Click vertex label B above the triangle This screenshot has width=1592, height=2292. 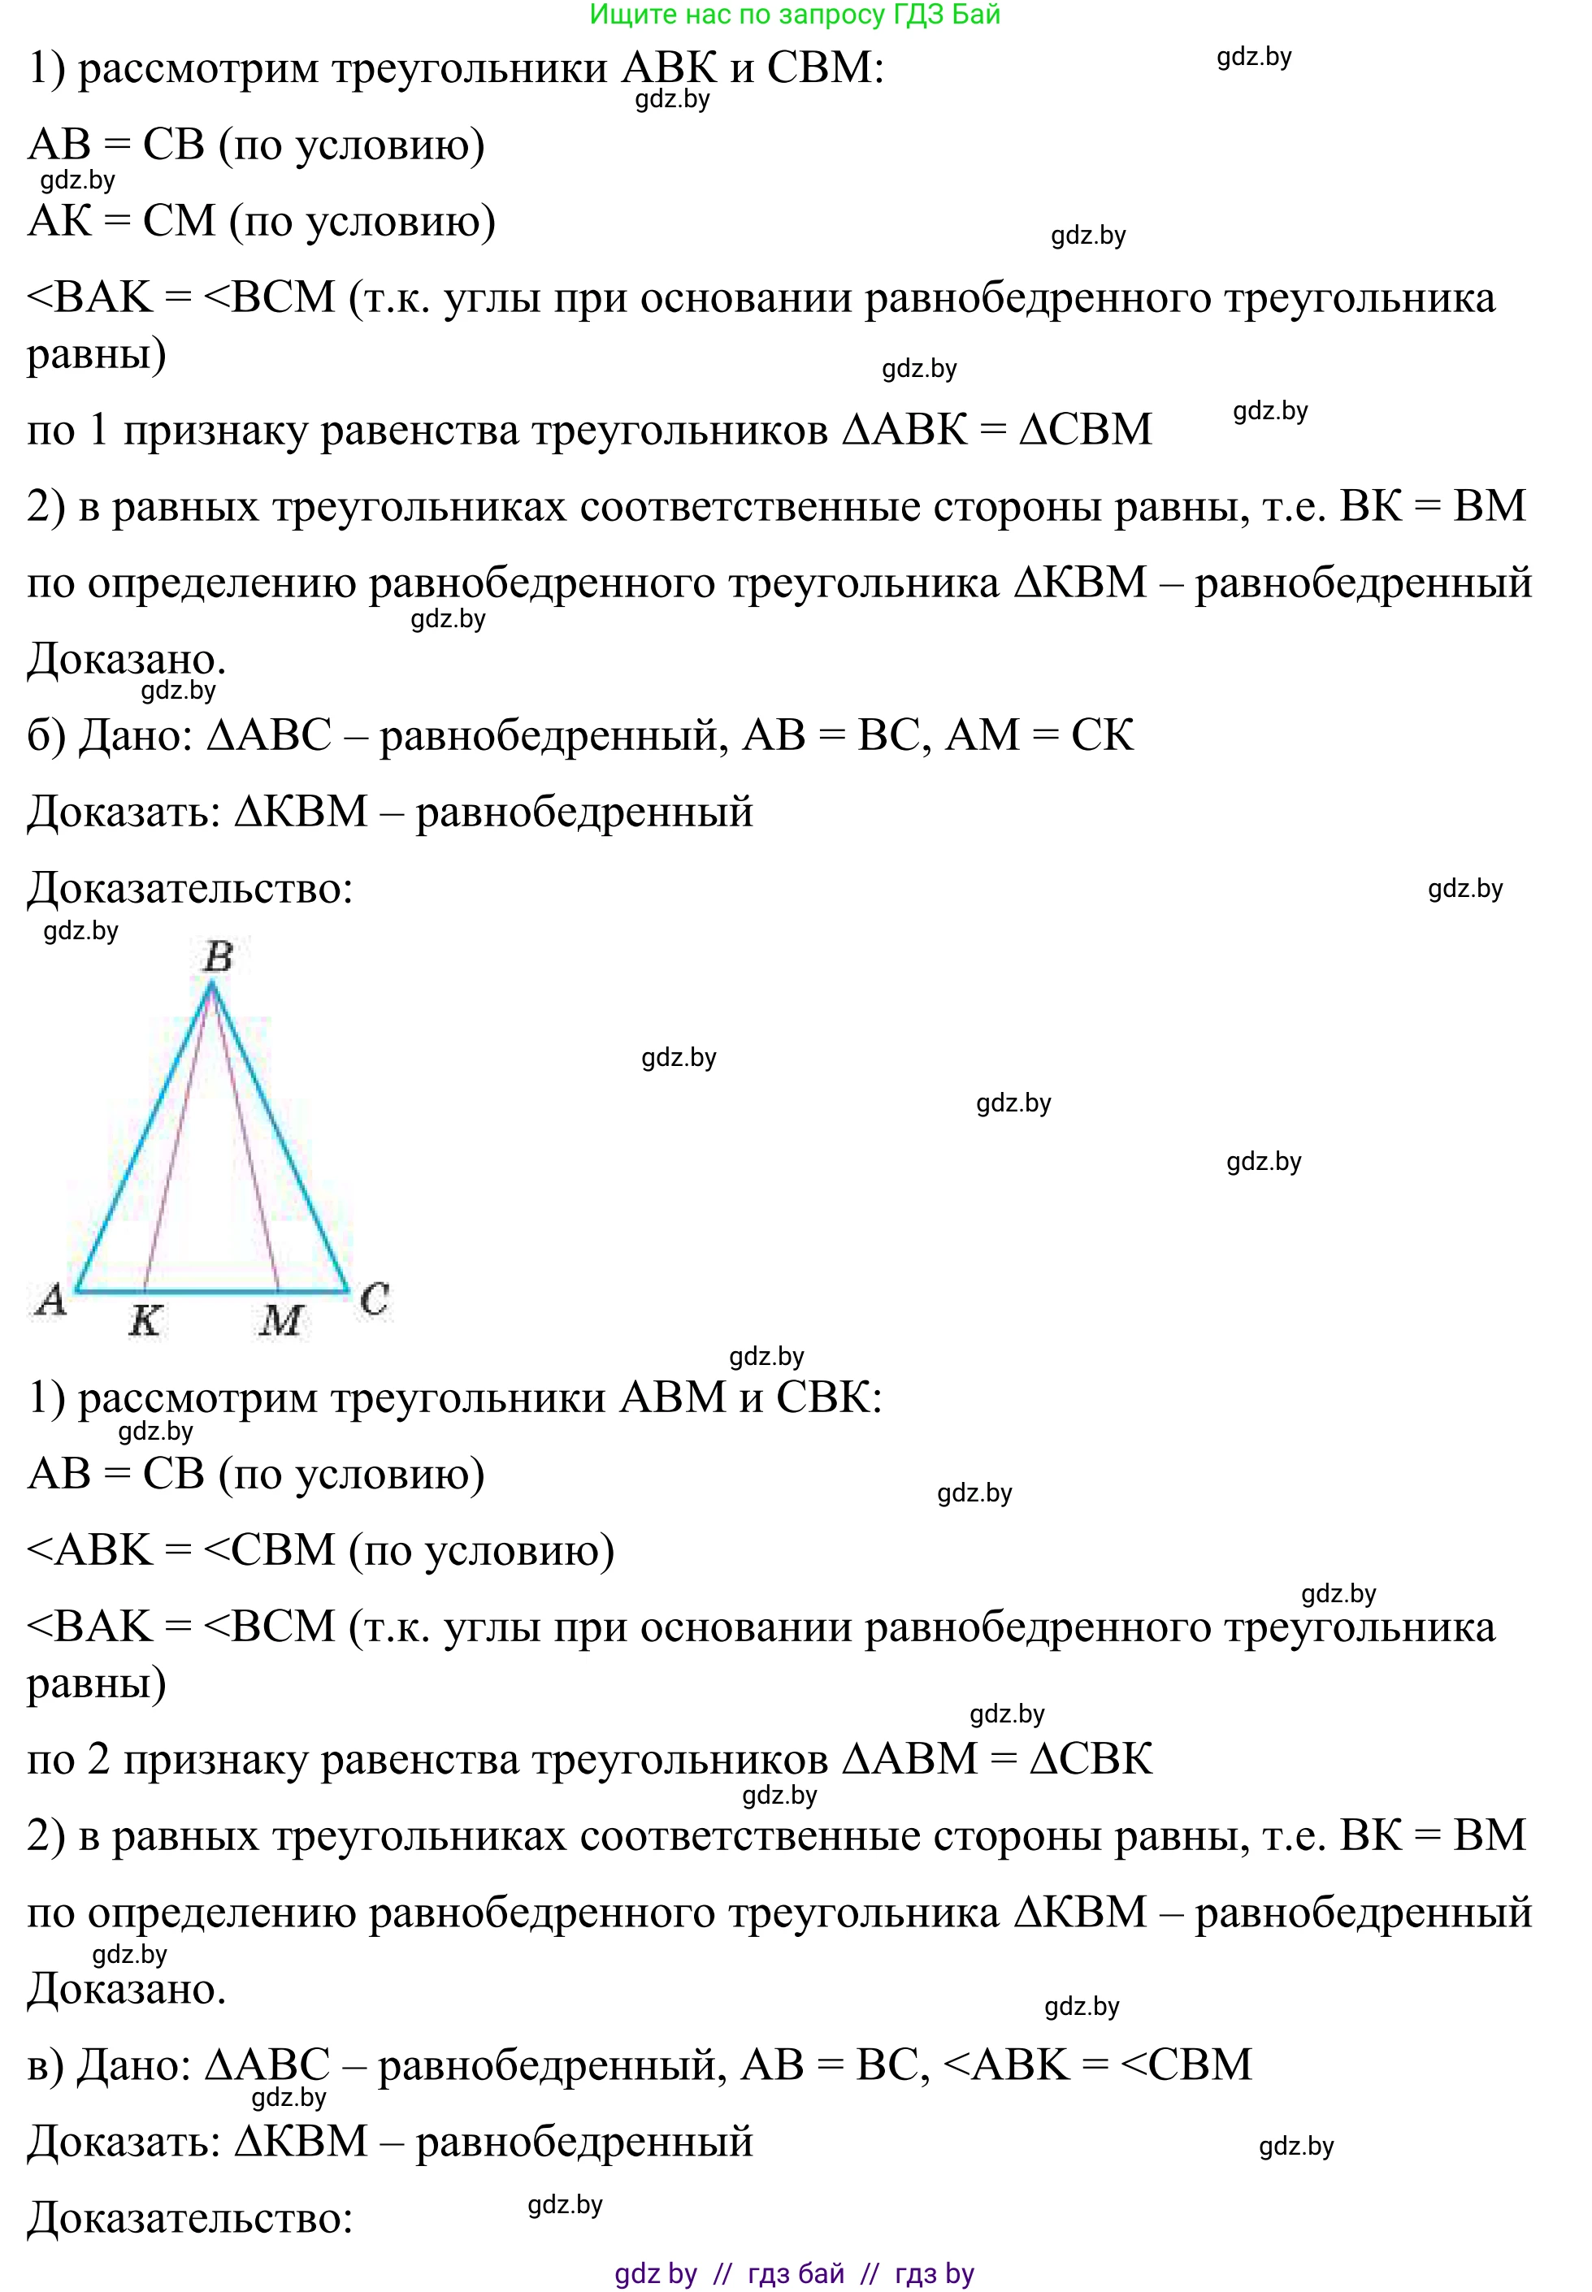pos(218,956)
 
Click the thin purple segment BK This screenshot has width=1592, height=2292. pos(177,1137)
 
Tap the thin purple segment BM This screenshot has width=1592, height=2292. pos(245,1137)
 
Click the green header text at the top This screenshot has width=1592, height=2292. pos(794,14)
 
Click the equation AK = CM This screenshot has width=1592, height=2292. pos(122,220)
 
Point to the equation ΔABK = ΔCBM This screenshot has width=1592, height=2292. pos(997,429)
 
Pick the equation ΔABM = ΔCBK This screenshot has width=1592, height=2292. pos(997,1758)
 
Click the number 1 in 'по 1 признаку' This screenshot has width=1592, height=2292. pos(98,430)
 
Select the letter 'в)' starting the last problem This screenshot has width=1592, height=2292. pos(45,2065)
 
